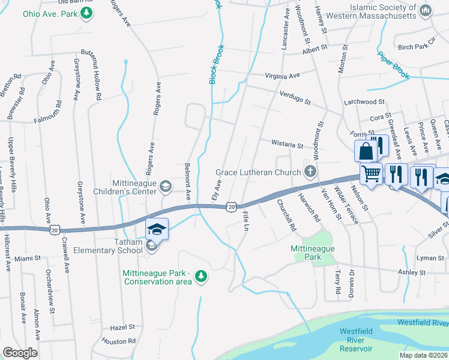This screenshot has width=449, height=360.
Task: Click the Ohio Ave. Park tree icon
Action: coord(87,13)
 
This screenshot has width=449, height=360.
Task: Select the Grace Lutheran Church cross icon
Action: coord(310,173)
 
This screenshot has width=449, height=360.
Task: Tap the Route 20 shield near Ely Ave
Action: coord(232,207)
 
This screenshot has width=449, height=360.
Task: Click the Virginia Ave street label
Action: coord(283,76)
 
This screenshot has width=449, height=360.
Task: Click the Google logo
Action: coord(20,353)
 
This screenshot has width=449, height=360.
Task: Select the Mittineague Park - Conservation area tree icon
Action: coord(202,276)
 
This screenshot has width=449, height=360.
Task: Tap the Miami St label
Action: coord(28,258)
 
